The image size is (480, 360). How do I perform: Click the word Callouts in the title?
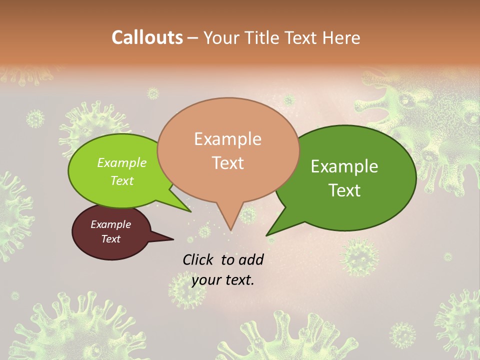coord(147,37)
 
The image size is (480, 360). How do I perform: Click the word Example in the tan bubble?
coord(228,139)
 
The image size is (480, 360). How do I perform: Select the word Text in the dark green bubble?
coord(345,190)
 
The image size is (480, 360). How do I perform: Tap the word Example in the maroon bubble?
coord(111,224)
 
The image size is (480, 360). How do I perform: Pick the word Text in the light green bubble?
coord(122,180)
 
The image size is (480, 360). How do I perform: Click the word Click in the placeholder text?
coord(198,259)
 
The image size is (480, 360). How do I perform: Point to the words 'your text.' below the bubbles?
coord(223,280)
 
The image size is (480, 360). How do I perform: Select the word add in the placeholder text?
coord(250,259)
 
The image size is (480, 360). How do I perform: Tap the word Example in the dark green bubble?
coord(344,166)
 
